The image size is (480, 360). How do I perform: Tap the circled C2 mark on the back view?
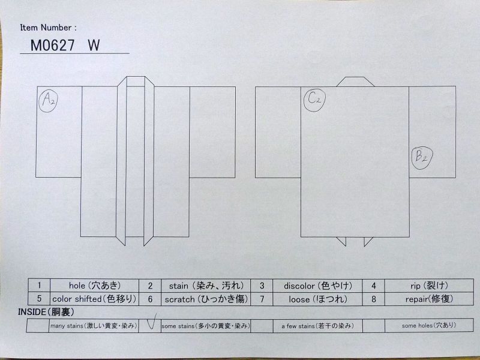click(x=314, y=100)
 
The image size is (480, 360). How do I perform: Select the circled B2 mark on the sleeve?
click(x=422, y=158)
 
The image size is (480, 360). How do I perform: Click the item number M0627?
click(x=52, y=46)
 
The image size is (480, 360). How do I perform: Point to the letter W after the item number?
click(x=94, y=46)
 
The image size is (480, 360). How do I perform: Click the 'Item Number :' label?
click(x=49, y=28)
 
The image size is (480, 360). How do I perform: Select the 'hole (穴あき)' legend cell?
click(x=95, y=286)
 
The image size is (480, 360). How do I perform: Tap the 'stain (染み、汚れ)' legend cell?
click(x=206, y=286)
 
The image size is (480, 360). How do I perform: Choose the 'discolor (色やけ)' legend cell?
click(x=317, y=286)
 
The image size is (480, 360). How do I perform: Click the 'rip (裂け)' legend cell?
click(x=429, y=286)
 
